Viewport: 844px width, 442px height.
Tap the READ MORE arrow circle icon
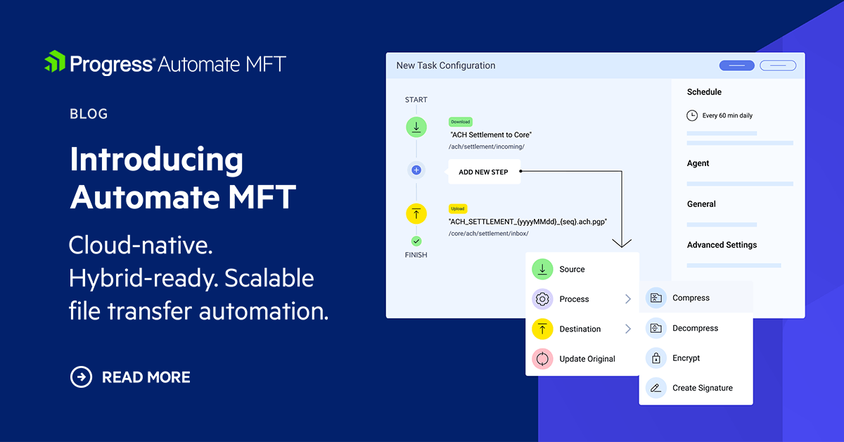click(82, 377)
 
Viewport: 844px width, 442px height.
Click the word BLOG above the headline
click(89, 113)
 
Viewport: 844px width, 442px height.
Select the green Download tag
click(461, 122)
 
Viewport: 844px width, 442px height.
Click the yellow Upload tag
click(458, 209)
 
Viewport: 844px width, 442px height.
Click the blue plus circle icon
click(416, 170)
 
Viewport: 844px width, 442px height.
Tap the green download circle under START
click(416, 127)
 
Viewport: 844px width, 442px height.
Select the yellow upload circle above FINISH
click(416, 214)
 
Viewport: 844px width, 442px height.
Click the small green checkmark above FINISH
click(416, 241)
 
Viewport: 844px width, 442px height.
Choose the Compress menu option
click(691, 298)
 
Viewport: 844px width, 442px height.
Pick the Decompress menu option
click(695, 328)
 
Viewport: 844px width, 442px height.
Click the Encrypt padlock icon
click(656, 358)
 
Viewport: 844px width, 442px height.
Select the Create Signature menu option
click(702, 388)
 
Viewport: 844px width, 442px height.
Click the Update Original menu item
click(587, 359)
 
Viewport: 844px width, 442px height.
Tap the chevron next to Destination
click(628, 329)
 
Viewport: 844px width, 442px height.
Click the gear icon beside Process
click(542, 299)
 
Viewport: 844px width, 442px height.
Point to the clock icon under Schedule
click(692, 115)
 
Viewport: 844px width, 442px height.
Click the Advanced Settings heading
click(722, 245)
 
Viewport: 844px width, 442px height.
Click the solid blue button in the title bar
click(736, 65)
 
